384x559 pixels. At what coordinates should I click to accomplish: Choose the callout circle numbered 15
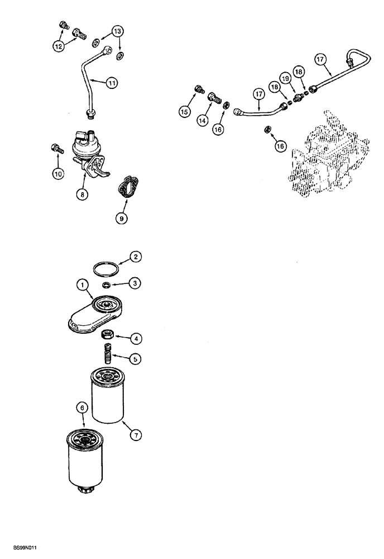coord(185,112)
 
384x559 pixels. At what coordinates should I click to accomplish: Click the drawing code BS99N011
coord(18,549)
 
